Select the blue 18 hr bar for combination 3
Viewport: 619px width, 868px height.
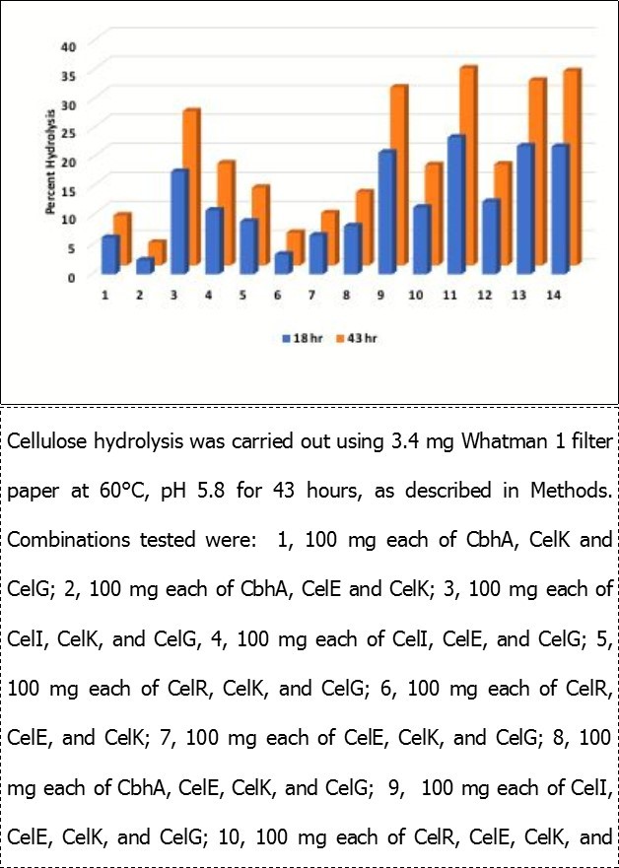[179, 222]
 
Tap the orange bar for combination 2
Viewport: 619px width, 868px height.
[157, 253]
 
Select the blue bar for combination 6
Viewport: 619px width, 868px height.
[283, 263]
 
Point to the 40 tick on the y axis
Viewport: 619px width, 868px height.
[67, 45]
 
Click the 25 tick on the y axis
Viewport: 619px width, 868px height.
[67, 131]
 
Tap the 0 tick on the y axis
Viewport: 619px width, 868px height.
[71, 277]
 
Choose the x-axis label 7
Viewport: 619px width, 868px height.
[314, 296]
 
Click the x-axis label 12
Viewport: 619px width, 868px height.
[488, 296]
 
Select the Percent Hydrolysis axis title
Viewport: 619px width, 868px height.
[46, 163]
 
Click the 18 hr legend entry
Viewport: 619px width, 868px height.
[299, 338]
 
